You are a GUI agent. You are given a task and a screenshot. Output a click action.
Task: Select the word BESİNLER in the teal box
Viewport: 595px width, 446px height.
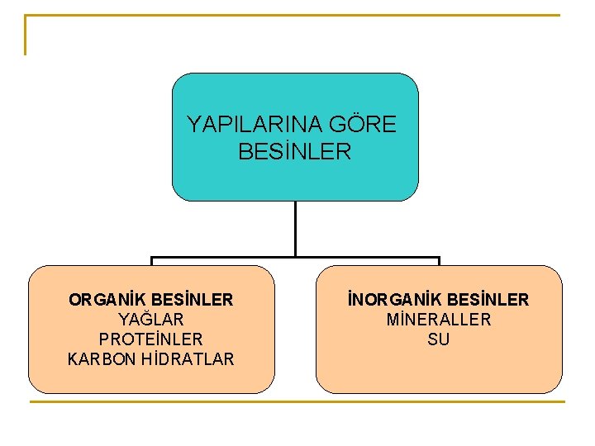(x=294, y=152)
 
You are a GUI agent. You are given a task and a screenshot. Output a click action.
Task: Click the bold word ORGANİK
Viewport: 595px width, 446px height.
(x=103, y=299)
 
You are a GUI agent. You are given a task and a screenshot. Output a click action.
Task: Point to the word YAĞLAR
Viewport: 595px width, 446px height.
(x=151, y=319)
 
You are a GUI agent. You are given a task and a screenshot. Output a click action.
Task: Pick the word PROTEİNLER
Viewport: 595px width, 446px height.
(x=150, y=339)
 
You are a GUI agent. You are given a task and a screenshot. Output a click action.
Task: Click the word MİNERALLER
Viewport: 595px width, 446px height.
(x=439, y=319)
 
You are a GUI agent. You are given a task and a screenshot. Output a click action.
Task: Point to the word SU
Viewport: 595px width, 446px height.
(x=439, y=339)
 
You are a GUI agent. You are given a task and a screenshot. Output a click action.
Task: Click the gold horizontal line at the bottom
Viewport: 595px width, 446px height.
(x=297, y=402)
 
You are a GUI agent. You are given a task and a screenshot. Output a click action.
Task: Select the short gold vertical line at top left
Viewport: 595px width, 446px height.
(x=26, y=36)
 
